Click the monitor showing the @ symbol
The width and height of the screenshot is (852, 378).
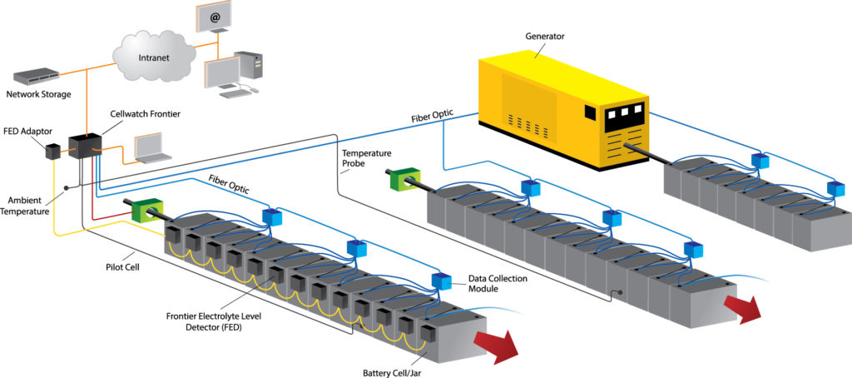(214, 17)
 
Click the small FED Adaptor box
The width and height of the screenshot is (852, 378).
(52, 152)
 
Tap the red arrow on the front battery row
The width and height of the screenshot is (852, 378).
(495, 342)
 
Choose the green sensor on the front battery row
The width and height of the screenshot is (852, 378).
(146, 210)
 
